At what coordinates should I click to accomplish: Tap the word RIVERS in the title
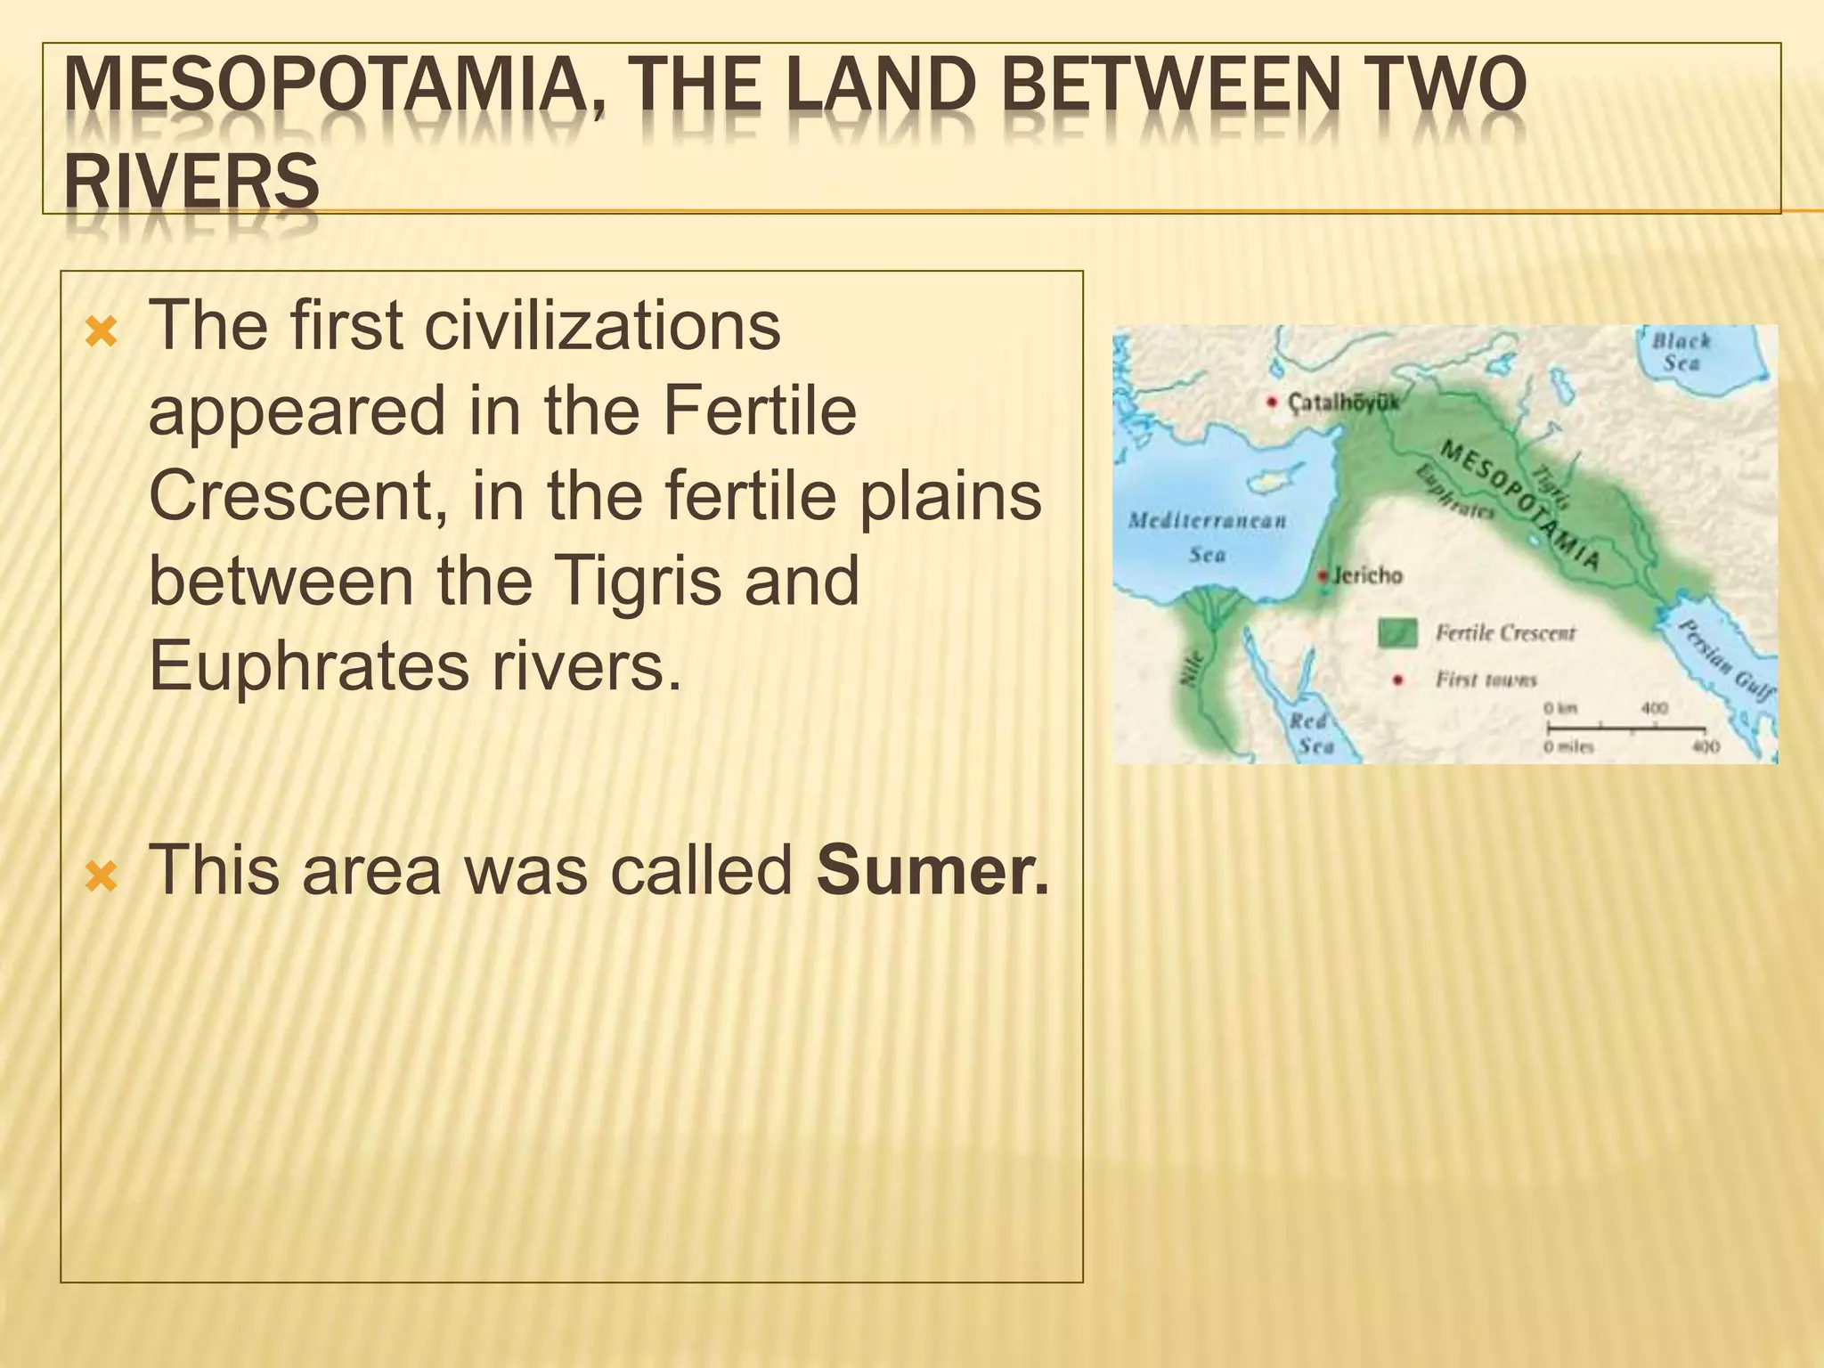tap(191, 181)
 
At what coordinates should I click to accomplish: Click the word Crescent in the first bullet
tap(290, 496)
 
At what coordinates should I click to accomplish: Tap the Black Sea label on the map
tap(1681, 352)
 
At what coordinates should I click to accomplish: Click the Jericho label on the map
tap(1368, 575)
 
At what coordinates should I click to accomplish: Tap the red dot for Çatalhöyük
tap(1273, 403)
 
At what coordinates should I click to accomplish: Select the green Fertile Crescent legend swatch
tap(1396, 632)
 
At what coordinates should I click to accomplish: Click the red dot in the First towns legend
tap(1398, 680)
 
